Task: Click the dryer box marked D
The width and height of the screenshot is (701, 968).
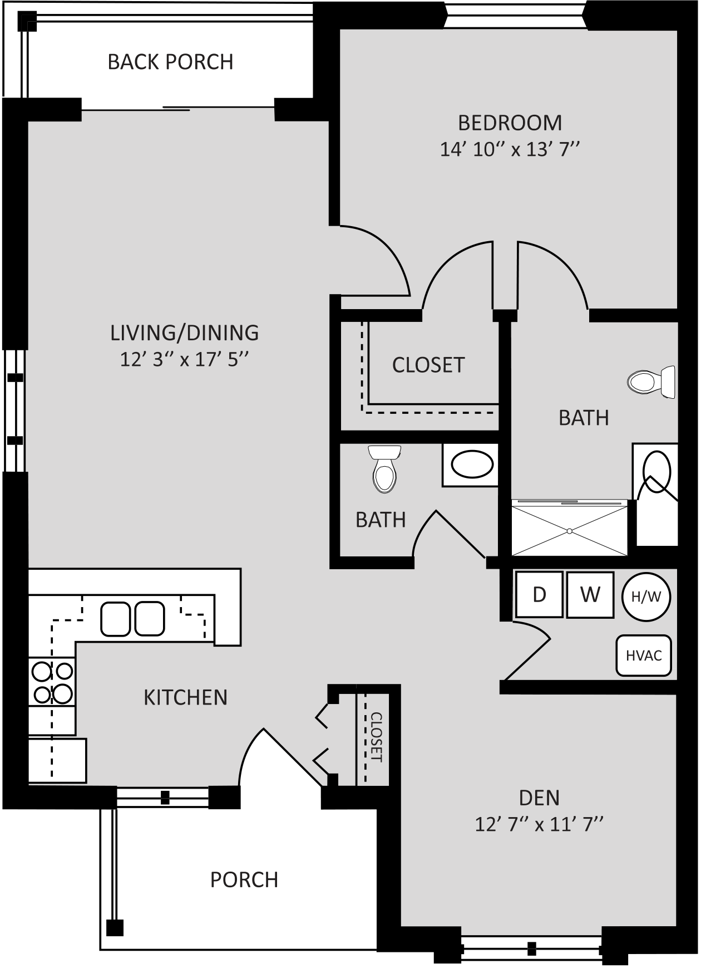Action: tap(539, 594)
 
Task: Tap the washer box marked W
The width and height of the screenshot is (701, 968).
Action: tap(590, 594)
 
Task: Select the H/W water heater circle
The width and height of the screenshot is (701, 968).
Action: tap(646, 597)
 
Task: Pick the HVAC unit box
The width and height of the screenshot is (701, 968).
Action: tap(644, 656)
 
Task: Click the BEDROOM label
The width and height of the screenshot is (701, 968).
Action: tap(510, 123)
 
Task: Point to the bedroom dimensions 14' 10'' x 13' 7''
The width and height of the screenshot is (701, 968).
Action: tap(510, 149)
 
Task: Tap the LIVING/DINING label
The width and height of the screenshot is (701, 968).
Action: tap(184, 333)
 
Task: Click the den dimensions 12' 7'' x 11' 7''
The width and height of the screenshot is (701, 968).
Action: tap(539, 824)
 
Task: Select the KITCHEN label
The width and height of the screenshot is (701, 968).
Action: tap(185, 697)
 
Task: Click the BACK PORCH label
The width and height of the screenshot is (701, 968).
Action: tap(170, 62)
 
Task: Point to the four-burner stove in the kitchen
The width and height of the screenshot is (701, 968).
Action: tap(52, 682)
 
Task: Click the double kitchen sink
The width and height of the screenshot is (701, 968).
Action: tap(132, 619)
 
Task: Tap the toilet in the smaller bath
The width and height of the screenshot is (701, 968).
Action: tap(384, 469)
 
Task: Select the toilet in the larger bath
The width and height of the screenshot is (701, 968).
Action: tap(651, 382)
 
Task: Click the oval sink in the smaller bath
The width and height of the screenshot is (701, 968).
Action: tap(472, 465)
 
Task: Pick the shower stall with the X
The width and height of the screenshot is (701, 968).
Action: tap(569, 528)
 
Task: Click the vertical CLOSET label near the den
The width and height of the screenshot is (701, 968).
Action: tap(377, 737)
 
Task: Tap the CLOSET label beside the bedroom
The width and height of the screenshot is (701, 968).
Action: tap(428, 365)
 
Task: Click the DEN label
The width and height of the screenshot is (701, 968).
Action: tap(539, 798)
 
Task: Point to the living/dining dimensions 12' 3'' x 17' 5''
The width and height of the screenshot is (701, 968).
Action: tap(184, 359)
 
